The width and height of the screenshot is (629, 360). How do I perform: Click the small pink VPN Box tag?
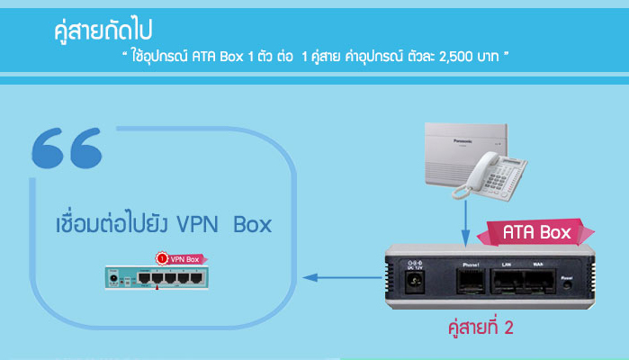coord(183,258)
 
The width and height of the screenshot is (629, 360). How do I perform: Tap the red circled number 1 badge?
coord(160,258)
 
